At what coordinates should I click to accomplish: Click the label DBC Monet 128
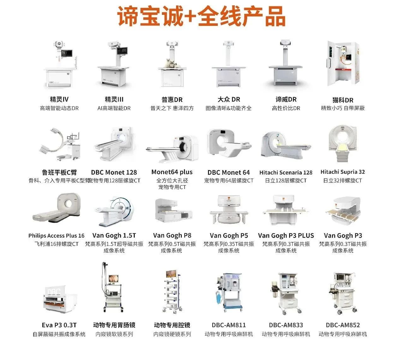114,173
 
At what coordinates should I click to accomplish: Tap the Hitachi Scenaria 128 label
286,173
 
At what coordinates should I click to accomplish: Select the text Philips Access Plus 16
56,236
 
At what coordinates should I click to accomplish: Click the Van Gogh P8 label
172,236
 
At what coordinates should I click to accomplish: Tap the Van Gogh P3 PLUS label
286,236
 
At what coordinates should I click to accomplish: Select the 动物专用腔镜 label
172,325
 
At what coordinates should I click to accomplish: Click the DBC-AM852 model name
343,325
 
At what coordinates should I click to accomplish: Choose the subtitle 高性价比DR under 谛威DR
286,108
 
